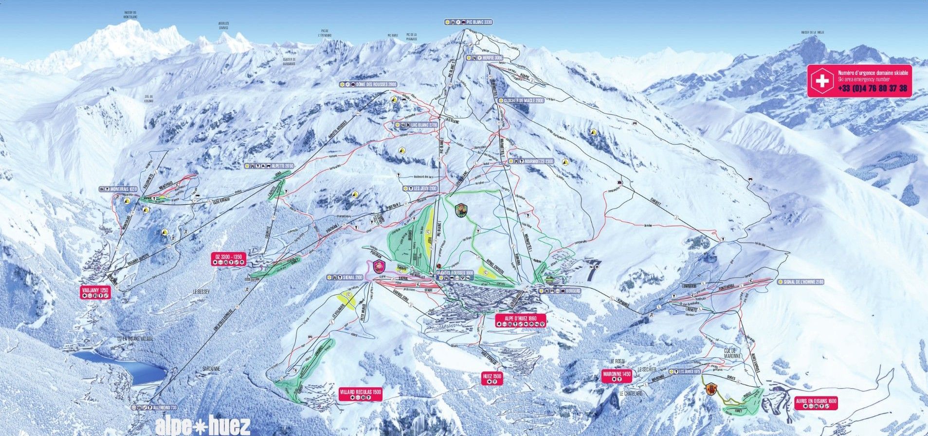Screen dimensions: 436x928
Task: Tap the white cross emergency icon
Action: click(x=822, y=81)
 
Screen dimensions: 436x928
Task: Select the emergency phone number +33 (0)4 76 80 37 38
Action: click(x=872, y=88)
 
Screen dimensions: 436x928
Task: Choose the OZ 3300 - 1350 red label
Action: click(x=228, y=256)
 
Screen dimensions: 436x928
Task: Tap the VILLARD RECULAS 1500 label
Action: click(x=360, y=392)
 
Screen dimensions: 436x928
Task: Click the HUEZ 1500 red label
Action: click(x=491, y=376)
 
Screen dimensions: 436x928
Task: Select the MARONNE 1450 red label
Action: click(x=616, y=374)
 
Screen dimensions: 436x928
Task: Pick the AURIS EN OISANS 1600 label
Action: click(x=816, y=401)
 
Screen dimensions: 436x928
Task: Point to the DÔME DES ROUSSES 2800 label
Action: click(x=368, y=84)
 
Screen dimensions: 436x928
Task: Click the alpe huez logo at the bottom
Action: click(x=203, y=426)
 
